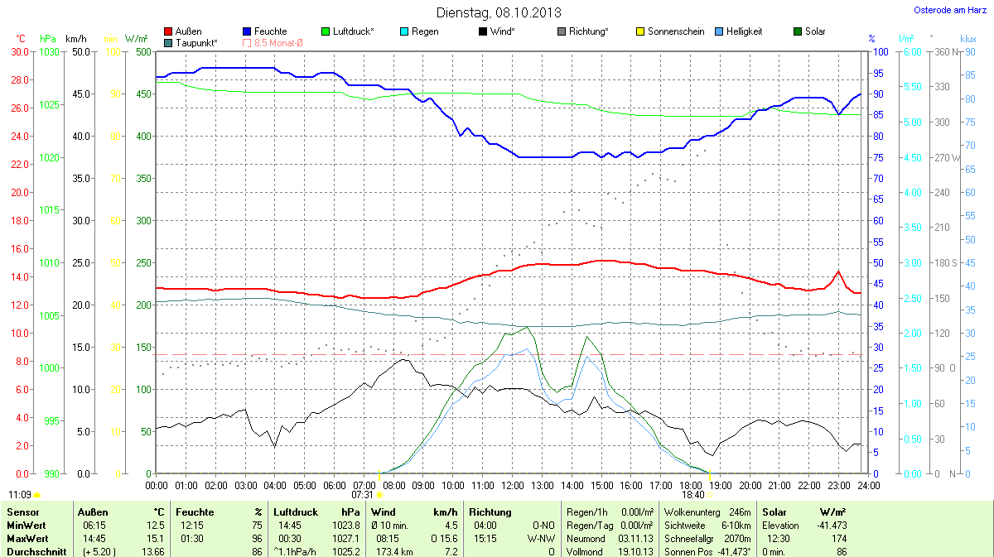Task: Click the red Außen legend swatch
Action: [169, 31]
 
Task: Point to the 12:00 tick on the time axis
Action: [513, 485]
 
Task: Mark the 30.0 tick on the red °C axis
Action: [20, 51]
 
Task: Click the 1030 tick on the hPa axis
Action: [50, 51]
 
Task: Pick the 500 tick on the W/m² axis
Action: [142, 51]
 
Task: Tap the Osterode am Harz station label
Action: [944, 10]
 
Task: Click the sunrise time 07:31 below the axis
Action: [362, 495]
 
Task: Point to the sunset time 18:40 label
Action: [695, 495]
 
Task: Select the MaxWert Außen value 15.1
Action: [156, 538]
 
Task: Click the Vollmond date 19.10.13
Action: [636, 551]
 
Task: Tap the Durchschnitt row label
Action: [36, 551]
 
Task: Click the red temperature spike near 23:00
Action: [838, 271]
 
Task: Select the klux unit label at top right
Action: [967, 39]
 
